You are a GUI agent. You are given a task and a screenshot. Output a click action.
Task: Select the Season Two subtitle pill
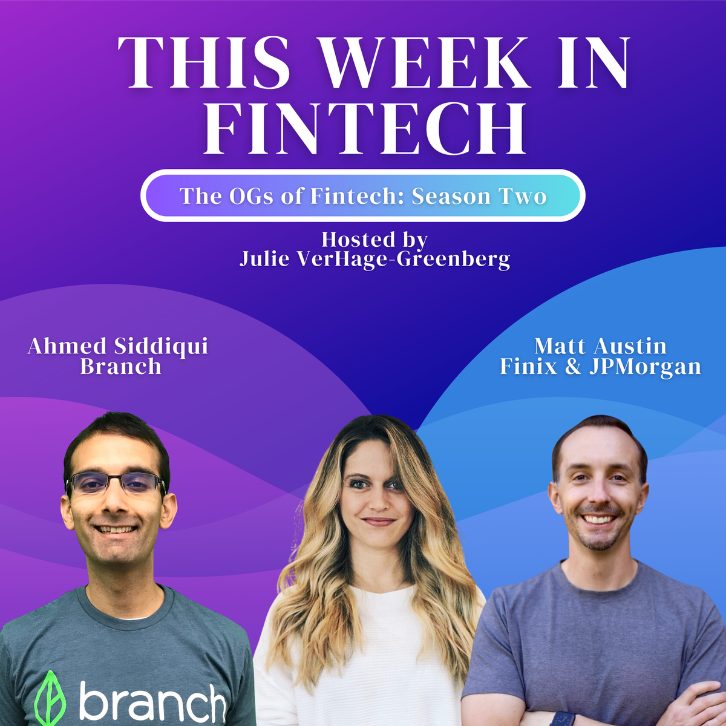pos(363,196)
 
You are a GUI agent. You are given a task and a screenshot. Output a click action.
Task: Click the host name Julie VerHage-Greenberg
pos(374,259)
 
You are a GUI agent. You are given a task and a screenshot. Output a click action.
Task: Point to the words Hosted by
pos(374,240)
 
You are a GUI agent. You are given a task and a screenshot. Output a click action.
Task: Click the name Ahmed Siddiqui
pos(118,346)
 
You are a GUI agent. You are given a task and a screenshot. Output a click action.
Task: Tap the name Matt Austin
pos(600,346)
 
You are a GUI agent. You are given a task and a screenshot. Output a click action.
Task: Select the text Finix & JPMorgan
pos(600,367)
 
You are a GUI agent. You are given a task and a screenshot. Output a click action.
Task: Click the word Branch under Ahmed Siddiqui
pos(120,367)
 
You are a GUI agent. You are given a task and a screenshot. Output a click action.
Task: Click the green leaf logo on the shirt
pos(50,699)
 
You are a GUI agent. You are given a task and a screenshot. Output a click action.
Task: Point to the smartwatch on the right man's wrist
pos(561,718)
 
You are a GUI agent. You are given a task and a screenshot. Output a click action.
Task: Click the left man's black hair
pos(115,433)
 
